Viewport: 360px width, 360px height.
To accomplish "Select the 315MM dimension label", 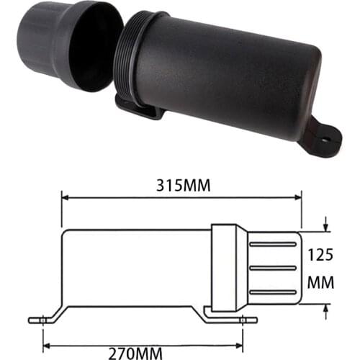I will (x=182, y=186).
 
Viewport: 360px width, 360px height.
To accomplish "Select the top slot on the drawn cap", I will (x=272, y=245).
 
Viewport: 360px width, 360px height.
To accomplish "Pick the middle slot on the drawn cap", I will (x=272, y=268).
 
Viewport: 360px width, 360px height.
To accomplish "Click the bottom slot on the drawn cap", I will (x=272, y=291).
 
